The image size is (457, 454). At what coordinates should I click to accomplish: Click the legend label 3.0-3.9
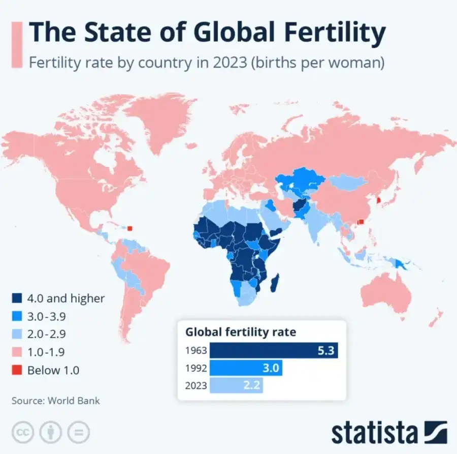tap(47, 317)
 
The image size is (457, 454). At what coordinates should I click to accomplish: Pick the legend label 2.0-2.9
tap(47, 334)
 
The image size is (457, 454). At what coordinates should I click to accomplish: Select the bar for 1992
tap(246, 368)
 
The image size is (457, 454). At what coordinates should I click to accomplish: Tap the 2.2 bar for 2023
tap(237, 385)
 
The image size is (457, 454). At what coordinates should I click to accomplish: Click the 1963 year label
tap(196, 351)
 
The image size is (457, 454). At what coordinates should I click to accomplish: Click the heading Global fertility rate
tap(241, 332)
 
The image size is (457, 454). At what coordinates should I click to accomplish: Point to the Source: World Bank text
tap(56, 400)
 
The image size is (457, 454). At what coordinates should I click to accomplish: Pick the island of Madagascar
tap(275, 283)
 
